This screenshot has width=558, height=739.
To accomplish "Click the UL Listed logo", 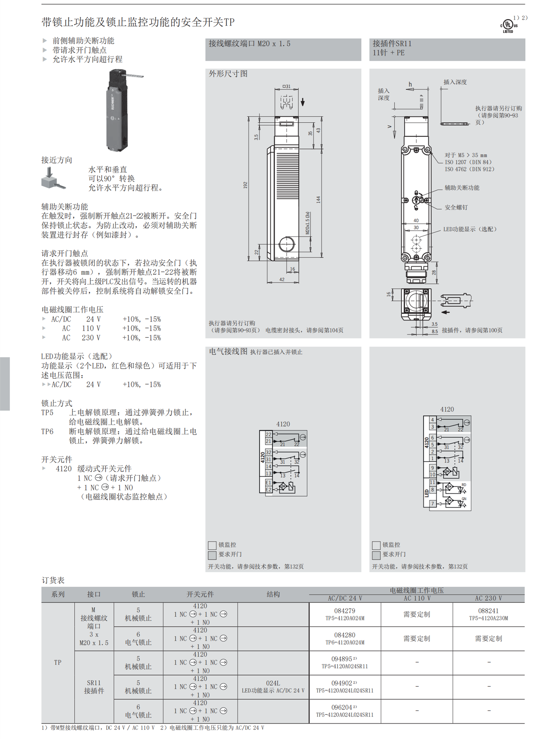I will tap(508, 26).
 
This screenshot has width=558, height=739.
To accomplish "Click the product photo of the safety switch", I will tap(118, 110).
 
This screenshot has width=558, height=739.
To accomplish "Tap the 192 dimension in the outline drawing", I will tap(245, 185).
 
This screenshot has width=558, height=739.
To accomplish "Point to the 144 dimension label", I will tap(318, 200).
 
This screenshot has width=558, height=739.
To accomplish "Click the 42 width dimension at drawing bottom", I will tap(282, 279).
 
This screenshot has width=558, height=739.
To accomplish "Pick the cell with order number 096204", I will tap(344, 711).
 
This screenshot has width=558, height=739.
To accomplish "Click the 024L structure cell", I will tap(273, 686).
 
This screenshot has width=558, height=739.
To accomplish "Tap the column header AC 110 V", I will tap(416, 598).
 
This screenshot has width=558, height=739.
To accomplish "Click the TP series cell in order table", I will tap(58, 662).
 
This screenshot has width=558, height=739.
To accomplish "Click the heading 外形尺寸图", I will tap(228, 74).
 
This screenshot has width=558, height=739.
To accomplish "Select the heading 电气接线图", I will tap(228, 351).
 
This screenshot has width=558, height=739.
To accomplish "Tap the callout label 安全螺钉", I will tap(456, 207).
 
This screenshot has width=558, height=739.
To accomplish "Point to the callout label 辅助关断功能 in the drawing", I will tap(461, 188).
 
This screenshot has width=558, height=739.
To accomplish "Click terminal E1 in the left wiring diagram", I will tap(268, 483).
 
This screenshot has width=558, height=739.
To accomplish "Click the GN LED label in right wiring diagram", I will tap(464, 499).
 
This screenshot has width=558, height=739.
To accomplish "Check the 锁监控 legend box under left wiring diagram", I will tap(212, 545).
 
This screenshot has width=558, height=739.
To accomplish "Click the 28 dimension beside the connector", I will tap(434, 272).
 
